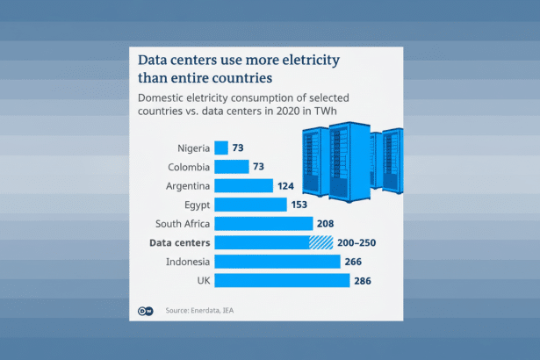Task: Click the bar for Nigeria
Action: pyautogui.click(x=220, y=148)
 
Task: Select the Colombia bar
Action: pyautogui.click(x=231, y=167)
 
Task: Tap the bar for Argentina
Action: pyautogui.click(x=243, y=185)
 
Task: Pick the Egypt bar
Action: pyautogui.click(x=250, y=205)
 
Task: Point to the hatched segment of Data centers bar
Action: pyautogui.click(x=320, y=242)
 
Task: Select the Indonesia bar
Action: pyautogui.click(x=277, y=262)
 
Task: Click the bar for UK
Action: pyautogui.click(x=281, y=280)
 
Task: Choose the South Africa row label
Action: pyautogui.click(x=181, y=224)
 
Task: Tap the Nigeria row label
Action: pyautogui.click(x=193, y=148)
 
